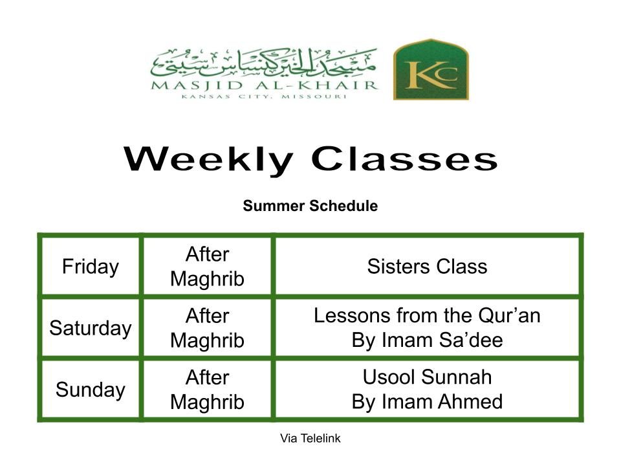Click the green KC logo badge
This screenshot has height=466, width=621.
pyautogui.click(x=431, y=69)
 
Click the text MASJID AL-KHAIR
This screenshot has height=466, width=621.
pyautogui.click(x=265, y=85)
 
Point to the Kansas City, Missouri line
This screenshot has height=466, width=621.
pyautogui.click(x=264, y=96)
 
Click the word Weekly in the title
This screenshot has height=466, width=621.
pyautogui.click(x=208, y=161)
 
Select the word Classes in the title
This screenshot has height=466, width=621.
pyautogui.click(x=404, y=159)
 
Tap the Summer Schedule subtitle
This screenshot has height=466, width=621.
pyautogui.click(x=310, y=206)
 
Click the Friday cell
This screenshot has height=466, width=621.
pyautogui.click(x=91, y=266)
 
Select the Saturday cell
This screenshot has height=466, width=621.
pyautogui.click(x=91, y=328)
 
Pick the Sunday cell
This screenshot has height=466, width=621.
pyautogui.click(x=91, y=390)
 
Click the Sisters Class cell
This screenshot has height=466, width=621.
pyautogui.click(x=427, y=266)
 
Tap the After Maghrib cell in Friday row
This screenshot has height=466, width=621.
pyautogui.click(x=207, y=266)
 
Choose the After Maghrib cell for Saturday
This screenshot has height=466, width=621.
pyautogui.click(x=207, y=328)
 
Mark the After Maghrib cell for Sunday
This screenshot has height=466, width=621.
pyautogui.click(x=207, y=390)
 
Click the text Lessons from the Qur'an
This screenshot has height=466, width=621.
pyautogui.click(x=427, y=316)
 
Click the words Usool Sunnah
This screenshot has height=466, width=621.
pyautogui.click(x=427, y=377)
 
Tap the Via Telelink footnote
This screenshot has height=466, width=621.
pyautogui.click(x=310, y=438)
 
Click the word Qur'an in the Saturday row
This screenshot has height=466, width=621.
pyautogui.click(x=509, y=316)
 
